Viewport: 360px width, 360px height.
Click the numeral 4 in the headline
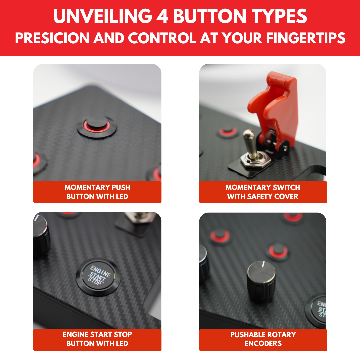pos(162,16)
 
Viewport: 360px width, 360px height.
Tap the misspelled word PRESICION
pos(52,38)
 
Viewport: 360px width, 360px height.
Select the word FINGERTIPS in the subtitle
pos(306,38)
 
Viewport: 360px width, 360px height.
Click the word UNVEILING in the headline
pos(103,16)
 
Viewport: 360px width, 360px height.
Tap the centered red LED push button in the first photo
pos(97,127)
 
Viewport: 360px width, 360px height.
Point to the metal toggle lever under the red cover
pos(250,143)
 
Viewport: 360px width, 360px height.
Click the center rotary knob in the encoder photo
pos(261,281)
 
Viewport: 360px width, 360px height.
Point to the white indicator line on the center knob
pos(263,264)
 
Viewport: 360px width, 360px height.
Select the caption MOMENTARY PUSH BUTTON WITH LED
pos(97,192)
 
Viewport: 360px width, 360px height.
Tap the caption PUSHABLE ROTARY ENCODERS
pos(263,339)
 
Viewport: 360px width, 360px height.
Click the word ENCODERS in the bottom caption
pos(263,343)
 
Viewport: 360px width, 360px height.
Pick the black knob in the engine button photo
pos(41,236)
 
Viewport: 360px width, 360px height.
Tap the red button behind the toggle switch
pos(228,132)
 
